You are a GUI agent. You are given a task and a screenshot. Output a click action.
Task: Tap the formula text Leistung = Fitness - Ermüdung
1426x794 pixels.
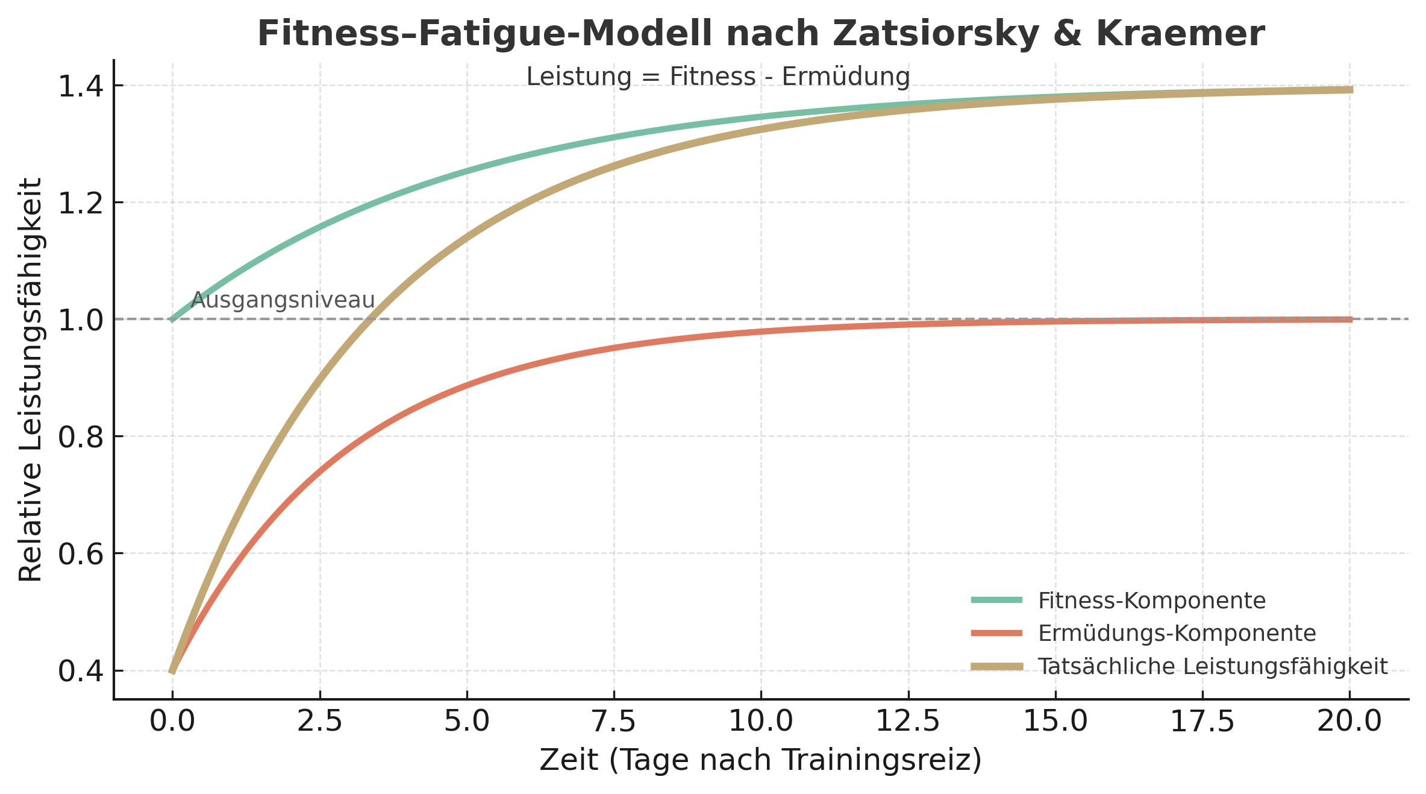click(x=718, y=77)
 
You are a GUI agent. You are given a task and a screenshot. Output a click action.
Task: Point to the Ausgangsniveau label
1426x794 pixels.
click(x=283, y=300)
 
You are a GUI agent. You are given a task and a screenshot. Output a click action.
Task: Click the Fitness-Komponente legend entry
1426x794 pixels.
click(x=1151, y=600)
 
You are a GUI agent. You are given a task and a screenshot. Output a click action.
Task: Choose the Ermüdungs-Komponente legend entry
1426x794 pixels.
click(x=1177, y=633)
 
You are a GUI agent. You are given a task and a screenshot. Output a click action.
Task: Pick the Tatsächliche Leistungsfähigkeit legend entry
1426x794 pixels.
click(x=1212, y=666)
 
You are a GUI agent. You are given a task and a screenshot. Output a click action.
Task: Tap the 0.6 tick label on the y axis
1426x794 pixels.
click(x=82, y=554)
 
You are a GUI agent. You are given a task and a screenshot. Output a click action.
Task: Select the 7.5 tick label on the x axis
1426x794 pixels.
click(x=614, y=722)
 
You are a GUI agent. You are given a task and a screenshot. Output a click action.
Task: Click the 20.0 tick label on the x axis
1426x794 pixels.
click(x=1349, y=722)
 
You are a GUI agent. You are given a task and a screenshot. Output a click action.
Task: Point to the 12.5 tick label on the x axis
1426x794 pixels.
click(x=908, y=722)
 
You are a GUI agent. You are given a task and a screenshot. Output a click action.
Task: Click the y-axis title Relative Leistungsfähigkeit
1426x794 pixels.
click(x=30, y=380)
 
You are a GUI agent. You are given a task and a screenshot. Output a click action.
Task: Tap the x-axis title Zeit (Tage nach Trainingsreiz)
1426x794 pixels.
click(x=760, y=761)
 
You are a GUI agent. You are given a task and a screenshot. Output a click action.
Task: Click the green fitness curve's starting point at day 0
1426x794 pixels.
click(x=173, y=320)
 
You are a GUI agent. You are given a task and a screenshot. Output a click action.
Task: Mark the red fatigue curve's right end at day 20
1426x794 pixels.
click(x=1349, y=320)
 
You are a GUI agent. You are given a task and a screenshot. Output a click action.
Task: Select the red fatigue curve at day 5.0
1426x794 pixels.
click(x=467, y=384)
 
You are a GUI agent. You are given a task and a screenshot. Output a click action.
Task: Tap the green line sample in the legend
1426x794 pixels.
click(x=996, y=600)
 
